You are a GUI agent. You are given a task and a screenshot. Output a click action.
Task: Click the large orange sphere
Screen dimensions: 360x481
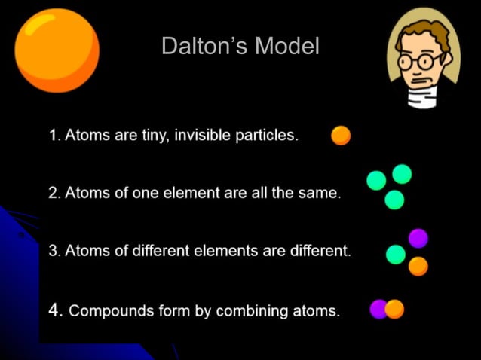point(57,50)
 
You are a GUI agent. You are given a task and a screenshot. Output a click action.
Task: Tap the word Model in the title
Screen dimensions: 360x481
point(287,47)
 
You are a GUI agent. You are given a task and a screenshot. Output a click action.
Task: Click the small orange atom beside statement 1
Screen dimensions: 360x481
point(341,136)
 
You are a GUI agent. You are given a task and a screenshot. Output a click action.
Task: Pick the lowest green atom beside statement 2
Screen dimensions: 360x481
point(394,200)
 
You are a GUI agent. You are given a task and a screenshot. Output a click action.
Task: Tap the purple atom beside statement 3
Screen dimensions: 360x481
point(418,239)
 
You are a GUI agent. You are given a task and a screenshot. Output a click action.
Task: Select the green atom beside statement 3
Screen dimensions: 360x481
point(396,255)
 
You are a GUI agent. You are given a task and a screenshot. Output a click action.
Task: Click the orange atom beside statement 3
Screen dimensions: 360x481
point(418,266)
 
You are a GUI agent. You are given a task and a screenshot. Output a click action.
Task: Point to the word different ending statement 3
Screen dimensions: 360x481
point(320,251)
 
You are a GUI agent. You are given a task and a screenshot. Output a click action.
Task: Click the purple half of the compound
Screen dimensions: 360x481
point(378,310)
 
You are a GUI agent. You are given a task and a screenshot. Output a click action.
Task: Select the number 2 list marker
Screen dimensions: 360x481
point(54,193)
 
